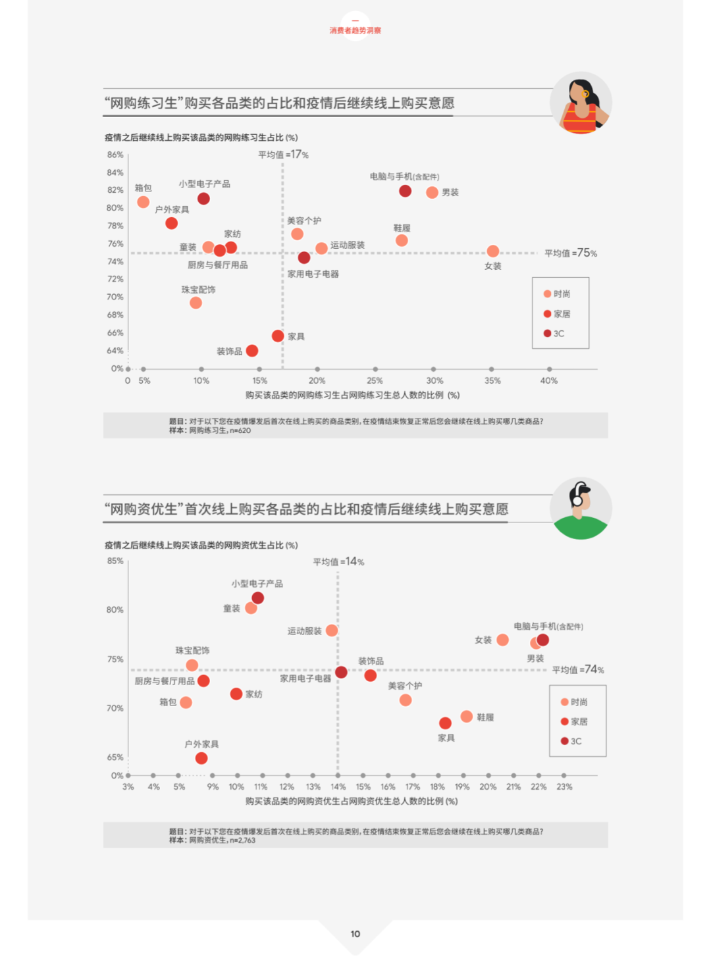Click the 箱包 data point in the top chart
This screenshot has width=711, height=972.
point(143,202)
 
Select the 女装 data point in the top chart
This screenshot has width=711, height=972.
point(492,251)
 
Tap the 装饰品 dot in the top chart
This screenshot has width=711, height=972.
point(251,351)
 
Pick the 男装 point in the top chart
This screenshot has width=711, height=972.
point(432,192)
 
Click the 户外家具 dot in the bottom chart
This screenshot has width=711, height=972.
point(201,758)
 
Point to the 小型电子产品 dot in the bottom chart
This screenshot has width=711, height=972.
point(258,598)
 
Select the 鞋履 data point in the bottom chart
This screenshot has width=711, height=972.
point(466,716)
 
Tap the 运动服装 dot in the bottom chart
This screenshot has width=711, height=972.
point(332,630)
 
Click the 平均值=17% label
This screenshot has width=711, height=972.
point(283,155)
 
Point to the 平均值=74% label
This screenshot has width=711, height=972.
point(578,669)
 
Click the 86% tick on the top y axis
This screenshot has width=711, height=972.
point(115,155)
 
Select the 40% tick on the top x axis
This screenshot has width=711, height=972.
point(549,380)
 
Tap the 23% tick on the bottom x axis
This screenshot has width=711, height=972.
point(564,786)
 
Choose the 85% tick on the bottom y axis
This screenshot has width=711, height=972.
point(115,561)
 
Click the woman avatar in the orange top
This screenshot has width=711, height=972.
point(581,103)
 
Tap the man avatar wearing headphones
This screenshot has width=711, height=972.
point(581,509)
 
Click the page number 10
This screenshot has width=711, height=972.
point(355,933)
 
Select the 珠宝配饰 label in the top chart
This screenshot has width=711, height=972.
point(198,290)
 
